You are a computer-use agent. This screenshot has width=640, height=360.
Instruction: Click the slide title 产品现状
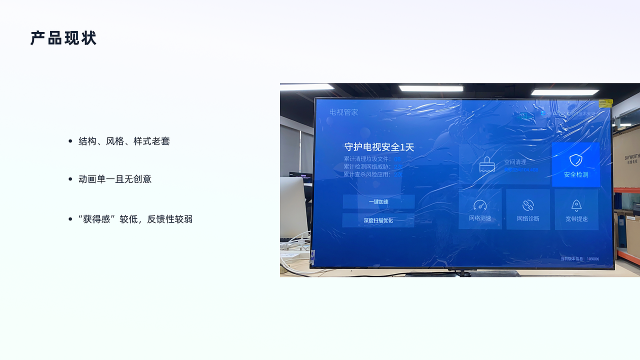click(x=63, y=38)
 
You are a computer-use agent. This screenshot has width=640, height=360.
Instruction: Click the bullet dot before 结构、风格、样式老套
click(x=70, y=141)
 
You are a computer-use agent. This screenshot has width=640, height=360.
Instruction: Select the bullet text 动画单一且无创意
click(x=115, y=179)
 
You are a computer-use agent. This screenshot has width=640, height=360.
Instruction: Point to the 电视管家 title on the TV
click(x=343, y=112)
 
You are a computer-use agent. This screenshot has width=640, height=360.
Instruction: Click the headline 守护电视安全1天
click(x=379, y=147)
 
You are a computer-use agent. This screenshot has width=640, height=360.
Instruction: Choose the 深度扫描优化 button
click(x=378, y=220)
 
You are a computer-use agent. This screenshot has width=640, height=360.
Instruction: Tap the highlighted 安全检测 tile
click(x=575, y=165)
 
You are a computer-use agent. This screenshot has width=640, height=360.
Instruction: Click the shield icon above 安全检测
click(x=576, y=160)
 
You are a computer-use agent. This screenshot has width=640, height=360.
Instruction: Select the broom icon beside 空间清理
click(x=486, y=164)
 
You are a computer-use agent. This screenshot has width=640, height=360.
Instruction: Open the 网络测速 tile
click(x=480, y=209)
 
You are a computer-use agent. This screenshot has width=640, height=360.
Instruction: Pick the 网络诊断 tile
click(x=528, y=209)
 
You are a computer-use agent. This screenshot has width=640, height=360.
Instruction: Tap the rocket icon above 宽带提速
click(x=576, y=205)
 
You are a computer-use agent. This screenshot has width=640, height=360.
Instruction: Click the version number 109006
click(x=592, y=259)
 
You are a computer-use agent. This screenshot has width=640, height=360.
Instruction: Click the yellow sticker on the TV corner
click(x=606, y=103)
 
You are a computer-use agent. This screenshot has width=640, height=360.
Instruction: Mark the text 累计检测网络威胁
click(x=367, y=166)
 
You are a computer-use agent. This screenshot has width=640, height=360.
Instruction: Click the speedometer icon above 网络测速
click(x=480, y=205)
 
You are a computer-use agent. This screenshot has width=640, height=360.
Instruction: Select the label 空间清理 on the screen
click(x=515, y=162)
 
